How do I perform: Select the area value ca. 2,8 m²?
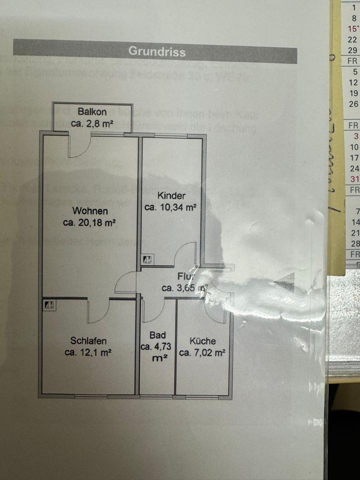point(91,123)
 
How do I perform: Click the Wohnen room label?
point(90,210)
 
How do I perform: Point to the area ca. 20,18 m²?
point(90,222)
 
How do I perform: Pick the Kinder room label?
point(171,195)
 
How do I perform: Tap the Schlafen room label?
point(88,341)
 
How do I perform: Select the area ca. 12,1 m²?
point(88,352)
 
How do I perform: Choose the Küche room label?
point(202,341)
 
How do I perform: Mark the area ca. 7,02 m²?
point(202,352)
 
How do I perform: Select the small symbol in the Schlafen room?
point(49,304)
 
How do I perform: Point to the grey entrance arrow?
point(284,283)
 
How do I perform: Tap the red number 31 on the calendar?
point(354,179)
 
